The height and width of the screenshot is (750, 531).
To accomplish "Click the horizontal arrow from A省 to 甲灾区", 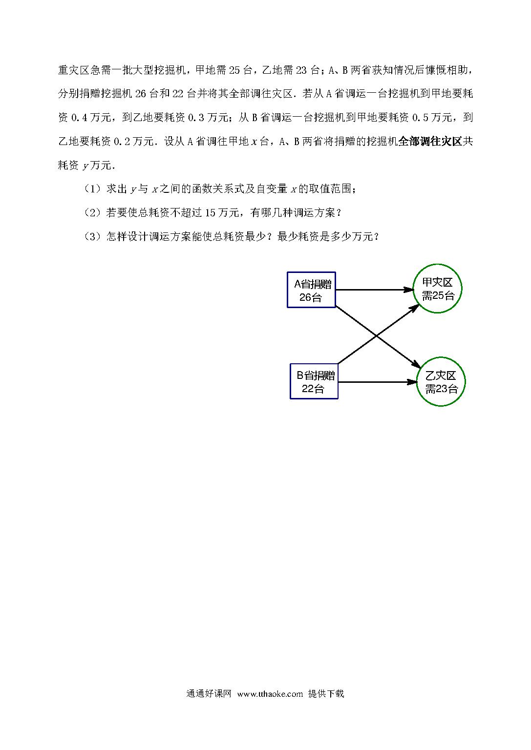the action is point(375,290).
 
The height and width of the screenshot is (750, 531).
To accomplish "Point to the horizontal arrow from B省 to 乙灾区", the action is point(378,382).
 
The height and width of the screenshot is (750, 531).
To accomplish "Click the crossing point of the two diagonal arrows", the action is point(377,335).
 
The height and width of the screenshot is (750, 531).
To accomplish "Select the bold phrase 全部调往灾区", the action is point(430,141).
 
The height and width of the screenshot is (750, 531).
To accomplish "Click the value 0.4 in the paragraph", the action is point(80,118).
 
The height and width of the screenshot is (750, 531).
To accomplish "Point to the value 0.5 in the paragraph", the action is point(421,118).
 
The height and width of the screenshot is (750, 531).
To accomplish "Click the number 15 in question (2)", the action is point(211,213).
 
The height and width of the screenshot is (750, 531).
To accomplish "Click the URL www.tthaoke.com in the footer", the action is point(270,693).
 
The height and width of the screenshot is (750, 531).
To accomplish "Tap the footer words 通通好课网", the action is point(209,693).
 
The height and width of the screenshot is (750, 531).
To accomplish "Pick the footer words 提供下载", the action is point(326,693).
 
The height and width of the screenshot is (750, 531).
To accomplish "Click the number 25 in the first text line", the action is point(234,70).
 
